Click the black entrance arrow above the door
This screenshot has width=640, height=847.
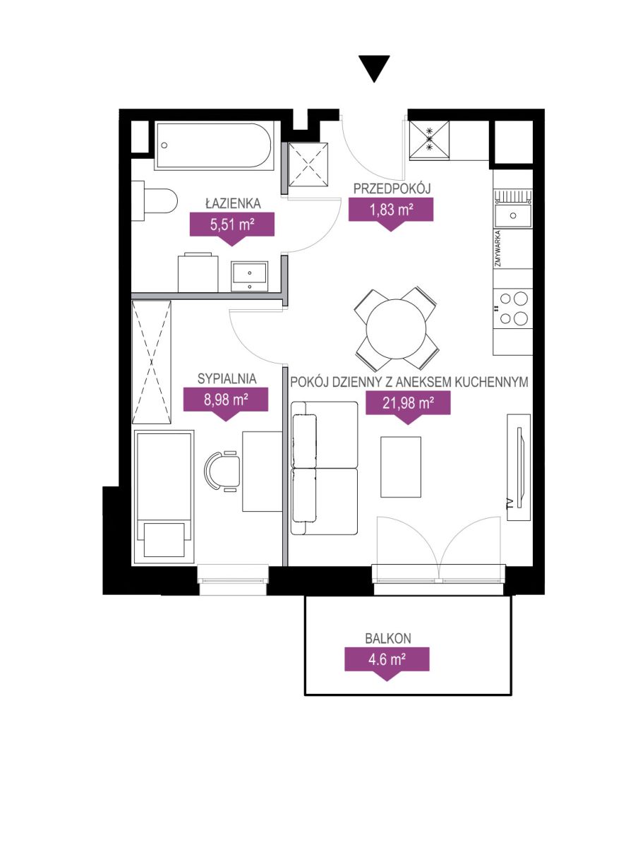tap(374, 68)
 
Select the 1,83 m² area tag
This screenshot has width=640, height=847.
tap(391, 213)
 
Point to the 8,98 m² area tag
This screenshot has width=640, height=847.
tap(226, 404)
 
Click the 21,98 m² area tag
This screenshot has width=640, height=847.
tap(408, 407)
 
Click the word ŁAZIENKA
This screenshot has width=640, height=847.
tap(233, 203)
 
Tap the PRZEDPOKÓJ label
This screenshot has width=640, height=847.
tap(392, 188)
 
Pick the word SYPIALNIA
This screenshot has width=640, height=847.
tap(227, 379)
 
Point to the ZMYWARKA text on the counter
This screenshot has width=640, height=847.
tap(498, 249)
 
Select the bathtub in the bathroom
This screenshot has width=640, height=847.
tap(215, 145)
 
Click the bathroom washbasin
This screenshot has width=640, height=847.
tap(249, 276)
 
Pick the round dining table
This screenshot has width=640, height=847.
tap(396, 329)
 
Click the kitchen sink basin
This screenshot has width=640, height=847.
tap(513, 215)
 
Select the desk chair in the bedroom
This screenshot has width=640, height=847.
tap(222, 471)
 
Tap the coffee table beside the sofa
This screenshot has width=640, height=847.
tap(400, 467)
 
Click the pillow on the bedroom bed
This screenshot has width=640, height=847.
tap(164, 539)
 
